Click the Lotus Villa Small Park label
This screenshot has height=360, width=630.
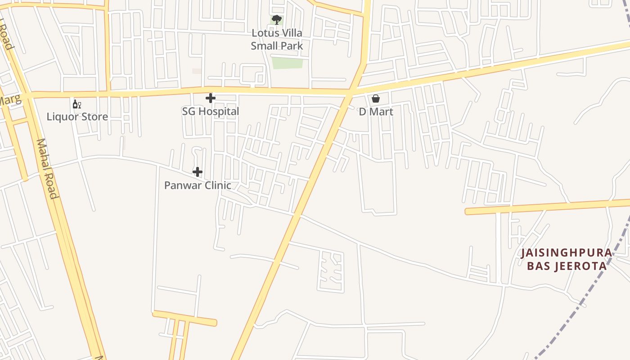coord(277,39)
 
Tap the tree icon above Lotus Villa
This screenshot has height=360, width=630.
coord(277,19)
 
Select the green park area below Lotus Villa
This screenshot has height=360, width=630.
coord(287,63)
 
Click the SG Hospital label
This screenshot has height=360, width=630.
coord(211,111)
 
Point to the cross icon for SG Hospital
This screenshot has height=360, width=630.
coord(210,98)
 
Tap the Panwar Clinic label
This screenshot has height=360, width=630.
coord(198,185)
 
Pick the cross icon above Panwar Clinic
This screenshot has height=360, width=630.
coord(198,172)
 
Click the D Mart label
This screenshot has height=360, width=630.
coord(376,112)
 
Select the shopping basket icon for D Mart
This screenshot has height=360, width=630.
coord(376,99)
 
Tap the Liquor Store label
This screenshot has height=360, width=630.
coord(77,117)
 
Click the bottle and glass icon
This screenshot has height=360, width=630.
coord(77,104)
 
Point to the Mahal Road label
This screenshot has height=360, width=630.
coord(47,169)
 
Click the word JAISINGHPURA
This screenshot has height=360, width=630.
coord(567,253)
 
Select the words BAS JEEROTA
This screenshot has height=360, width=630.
coord(567,266)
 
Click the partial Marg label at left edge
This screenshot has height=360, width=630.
coord(10,100)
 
